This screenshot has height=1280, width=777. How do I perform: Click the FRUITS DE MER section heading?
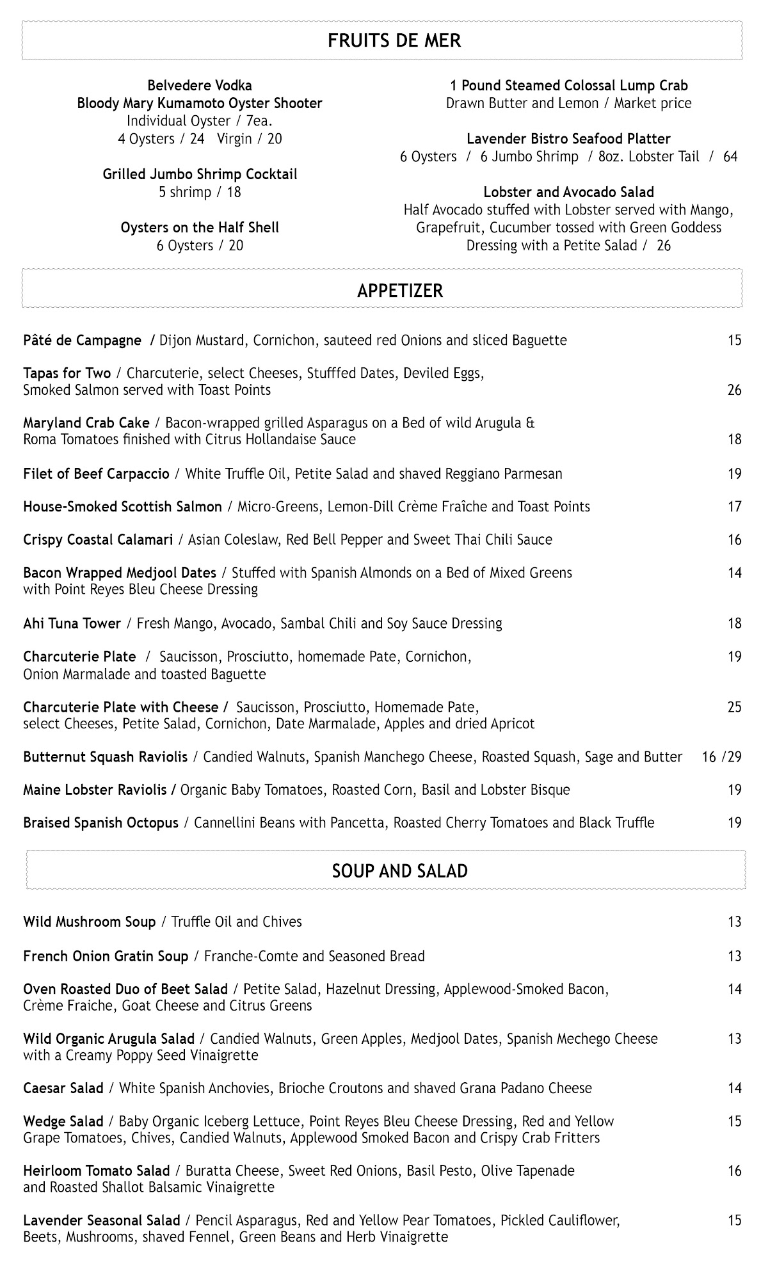point(394,41)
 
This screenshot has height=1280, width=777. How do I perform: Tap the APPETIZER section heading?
point(400,291)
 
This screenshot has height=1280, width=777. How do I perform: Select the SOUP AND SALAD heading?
point(400,871)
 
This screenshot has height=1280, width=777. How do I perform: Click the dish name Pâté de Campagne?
point(82,340)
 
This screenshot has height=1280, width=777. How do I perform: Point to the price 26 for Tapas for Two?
point(734,390)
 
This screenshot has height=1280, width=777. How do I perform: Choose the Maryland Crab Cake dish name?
point(86,423)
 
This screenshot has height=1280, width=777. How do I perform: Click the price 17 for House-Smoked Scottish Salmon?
point(734,507)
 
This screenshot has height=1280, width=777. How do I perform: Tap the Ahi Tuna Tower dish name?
point(72,623)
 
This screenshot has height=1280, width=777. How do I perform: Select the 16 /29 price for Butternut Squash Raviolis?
point(721,757)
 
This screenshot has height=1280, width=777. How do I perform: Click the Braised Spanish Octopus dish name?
point(100,823)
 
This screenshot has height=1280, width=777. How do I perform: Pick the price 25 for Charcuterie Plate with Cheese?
point(734,707)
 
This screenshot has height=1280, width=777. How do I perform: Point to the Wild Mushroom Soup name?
point(89,922)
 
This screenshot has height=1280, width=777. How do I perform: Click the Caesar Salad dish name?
point(63,1089)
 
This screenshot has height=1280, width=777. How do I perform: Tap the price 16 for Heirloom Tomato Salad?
point(734,1171)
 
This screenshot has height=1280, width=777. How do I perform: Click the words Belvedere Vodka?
point(200,86)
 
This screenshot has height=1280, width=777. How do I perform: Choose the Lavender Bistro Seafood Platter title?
point(568,139)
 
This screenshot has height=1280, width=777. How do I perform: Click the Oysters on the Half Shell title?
point(200,228)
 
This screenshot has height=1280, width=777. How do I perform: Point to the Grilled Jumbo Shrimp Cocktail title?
point(200,175)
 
